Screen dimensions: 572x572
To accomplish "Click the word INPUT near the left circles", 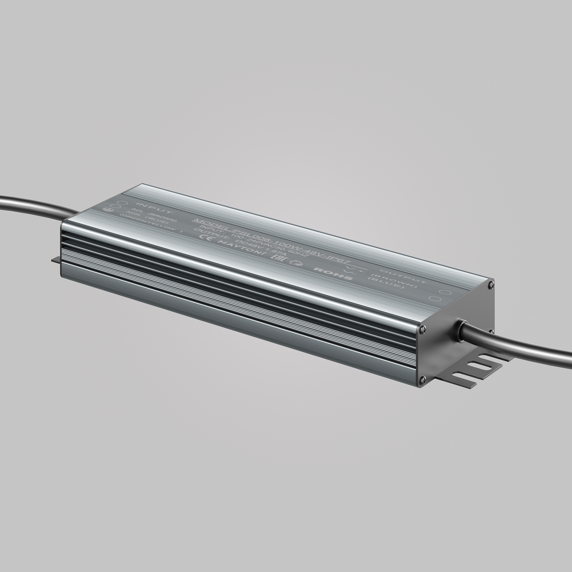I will pyautogui.click(x=154, y=208).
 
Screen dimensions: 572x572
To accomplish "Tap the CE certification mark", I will pyautogui.click(x=206, y=237).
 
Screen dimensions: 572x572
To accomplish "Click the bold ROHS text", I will pyautogui.click(x=333, y=273).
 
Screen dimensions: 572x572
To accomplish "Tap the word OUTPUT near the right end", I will pyautogui.click(x=403, y=276).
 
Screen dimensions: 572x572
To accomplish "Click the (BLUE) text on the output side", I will pyautogui.click(x=386, y=283).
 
